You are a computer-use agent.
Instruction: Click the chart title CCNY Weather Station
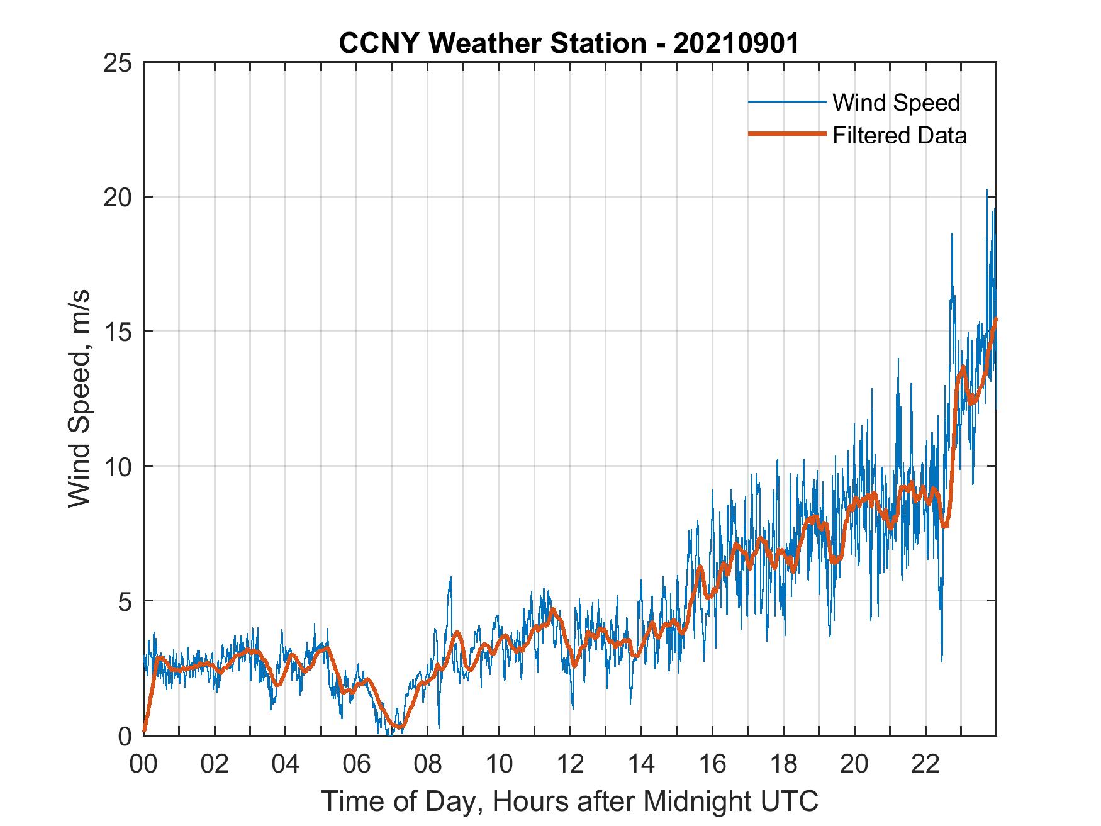click(x=492, y=43)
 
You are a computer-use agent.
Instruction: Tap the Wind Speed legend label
click(x=896, y=103)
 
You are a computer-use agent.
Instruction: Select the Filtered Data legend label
click(x=899, y=135)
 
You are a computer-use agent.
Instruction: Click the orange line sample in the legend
click(x=786, y=134)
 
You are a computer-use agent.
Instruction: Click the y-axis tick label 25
click(x=119, y=63)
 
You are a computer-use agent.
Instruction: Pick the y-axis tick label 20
click(x=119, y=197)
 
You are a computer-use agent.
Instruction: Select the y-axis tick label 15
click(x=119, y=332)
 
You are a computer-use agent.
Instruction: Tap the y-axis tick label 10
click(x=119, y=466)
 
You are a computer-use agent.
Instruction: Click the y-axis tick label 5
click(x=126, y=601)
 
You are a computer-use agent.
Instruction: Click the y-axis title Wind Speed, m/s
click(x=80, y=398)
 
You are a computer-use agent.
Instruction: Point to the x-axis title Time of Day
click(x=569, y=801)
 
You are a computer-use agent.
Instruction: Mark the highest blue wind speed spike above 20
click(x=986, y=191)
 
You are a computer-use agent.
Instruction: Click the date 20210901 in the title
click(x=737, y=43)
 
